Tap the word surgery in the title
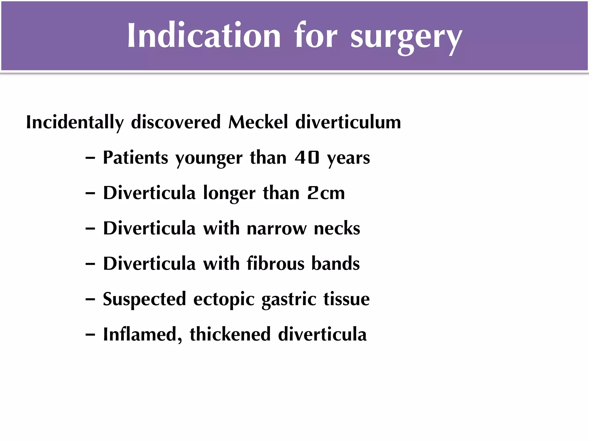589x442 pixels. pyautogui.click(x=406, y=37)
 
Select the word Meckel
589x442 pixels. pyautogui.click(x=258, y=122)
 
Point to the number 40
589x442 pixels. pyautogui.click(x=307, y=158)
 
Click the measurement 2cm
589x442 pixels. pyautogui.click(x=326, y=193)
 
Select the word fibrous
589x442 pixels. pyautogui.click(x=275, y=263)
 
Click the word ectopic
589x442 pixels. pyautogui.click(x=224, y=300)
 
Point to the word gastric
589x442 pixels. pyautogui.click(x=289, y=300)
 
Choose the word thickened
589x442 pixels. pyautogui.click(x=230, y=334)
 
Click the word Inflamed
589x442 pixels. pyautogui.click(x=142, y=335)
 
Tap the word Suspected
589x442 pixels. pyautogui.click(x=144, y=300)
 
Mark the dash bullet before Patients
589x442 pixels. pyautogui.click(x=90, y=158)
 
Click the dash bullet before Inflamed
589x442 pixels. pyautogui.click(x=90, y=335)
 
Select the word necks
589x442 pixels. pyautogui.click(x=337, y=228)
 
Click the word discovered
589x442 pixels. pyautogui.click(x=176, y=122)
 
